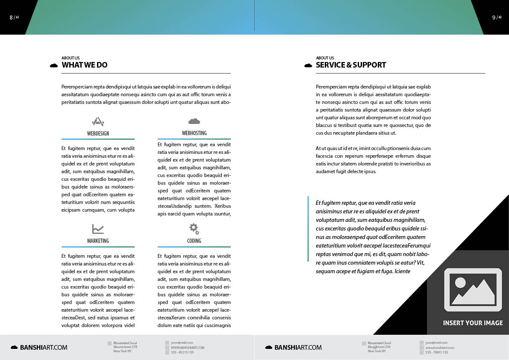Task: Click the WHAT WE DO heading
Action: (85, 65)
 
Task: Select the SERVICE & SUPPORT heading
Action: (351, 65)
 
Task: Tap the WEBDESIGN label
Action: (98, 133)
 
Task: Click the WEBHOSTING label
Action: (194, 133)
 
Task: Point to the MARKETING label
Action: (98, 241)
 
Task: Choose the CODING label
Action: (194, 241)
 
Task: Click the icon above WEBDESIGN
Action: (98, 121)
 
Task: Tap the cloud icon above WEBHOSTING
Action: (194, 121)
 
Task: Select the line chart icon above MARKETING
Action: (98, 229)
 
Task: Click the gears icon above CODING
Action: (194, 229)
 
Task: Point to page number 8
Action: (11, 18)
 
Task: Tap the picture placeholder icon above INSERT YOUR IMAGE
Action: (473, 289)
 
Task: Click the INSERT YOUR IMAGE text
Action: (473, 323)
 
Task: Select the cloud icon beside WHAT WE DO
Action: (54, 65)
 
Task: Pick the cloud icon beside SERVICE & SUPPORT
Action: (308, 65)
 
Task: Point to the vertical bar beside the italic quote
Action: (308, 229)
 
